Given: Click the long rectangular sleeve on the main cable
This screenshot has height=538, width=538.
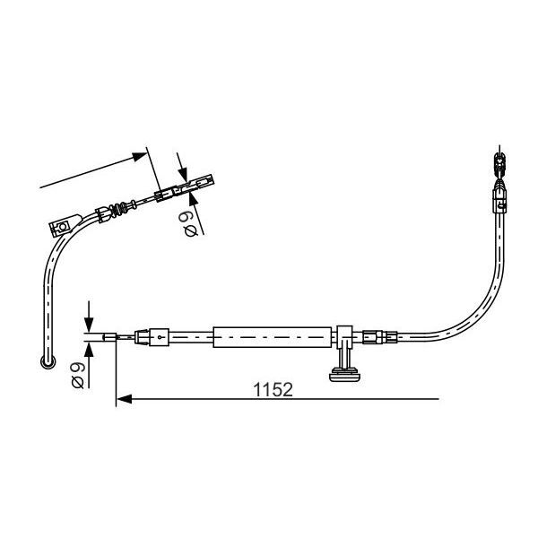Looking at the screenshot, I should tap(273, 337).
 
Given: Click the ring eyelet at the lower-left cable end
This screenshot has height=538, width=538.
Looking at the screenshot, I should tap(47, 362).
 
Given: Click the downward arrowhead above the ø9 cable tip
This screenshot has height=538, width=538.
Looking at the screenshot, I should tap(88, 327).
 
